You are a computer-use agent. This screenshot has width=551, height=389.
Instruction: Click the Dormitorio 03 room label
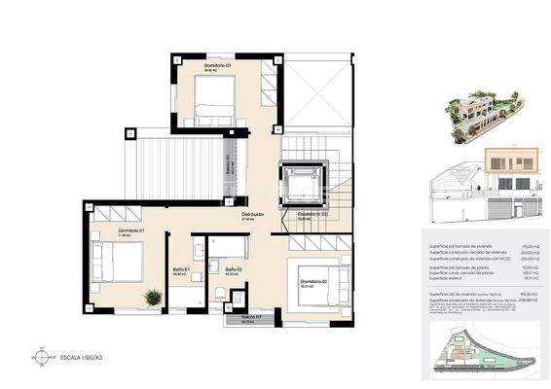217,66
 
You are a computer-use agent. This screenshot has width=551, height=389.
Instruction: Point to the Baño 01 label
180,269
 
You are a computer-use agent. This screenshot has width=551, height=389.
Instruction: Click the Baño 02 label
233,269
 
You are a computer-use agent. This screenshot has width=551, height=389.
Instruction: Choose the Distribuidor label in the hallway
252,215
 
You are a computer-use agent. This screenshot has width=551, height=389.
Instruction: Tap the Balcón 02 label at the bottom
252,318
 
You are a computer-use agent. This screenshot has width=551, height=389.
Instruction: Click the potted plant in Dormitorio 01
152,299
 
